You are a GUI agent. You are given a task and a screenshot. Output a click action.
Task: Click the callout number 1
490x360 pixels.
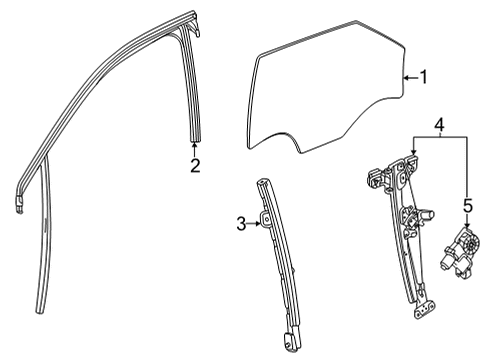coord(424,77)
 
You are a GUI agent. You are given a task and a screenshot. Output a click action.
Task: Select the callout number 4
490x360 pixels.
coord(438,127)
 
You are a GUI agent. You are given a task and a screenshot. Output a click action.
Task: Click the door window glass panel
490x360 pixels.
coord(330,90)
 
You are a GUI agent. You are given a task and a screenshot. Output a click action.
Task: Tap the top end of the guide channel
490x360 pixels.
coord(263,182)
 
